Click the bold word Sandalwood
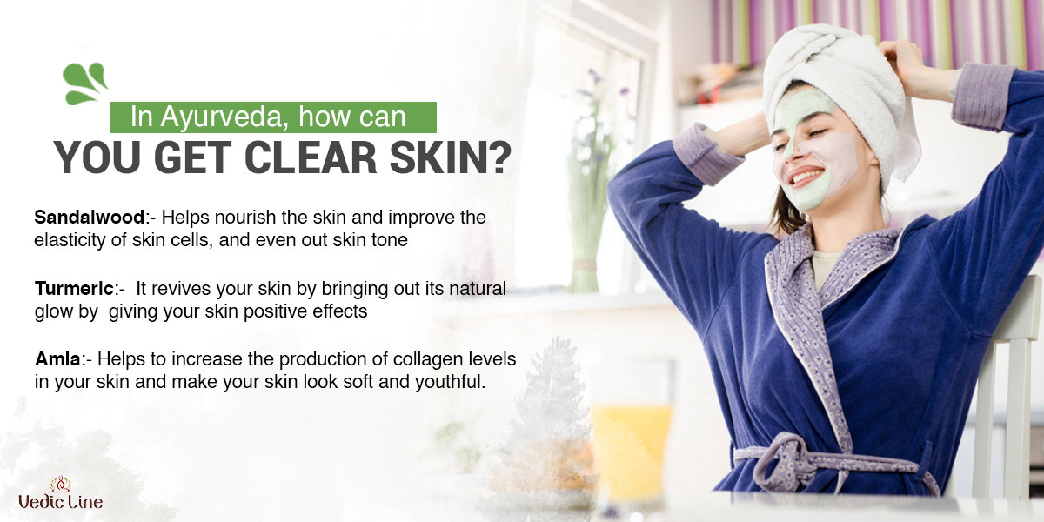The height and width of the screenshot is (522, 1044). (90, 217)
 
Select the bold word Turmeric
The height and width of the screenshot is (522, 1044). (74, 289)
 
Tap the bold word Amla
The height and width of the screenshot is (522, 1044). (57, 359)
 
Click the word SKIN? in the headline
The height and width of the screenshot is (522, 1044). (451, 157)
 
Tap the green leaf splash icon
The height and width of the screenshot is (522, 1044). (85, 83)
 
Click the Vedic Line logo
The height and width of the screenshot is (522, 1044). (61, 493)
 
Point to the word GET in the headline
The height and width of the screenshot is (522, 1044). (193, 157)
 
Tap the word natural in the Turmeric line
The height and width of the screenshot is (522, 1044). (478, 289)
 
